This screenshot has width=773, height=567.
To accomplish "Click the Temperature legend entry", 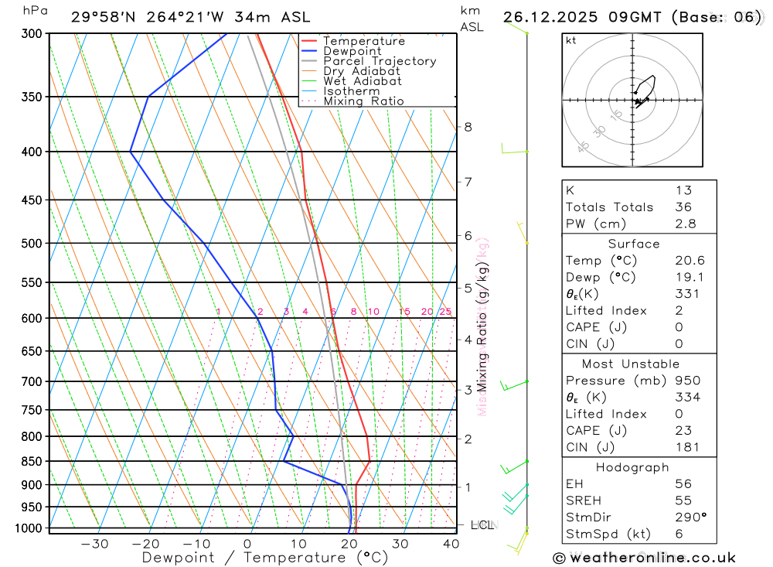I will pos(363,41).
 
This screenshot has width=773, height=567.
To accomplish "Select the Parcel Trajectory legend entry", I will pos(380,61).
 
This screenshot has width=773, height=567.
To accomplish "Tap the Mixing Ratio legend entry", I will pos(363,101).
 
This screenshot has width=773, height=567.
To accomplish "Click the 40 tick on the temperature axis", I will pos(451,544).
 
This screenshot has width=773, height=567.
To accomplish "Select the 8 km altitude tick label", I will pos(468,127).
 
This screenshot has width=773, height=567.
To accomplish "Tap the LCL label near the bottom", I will pos(482,525).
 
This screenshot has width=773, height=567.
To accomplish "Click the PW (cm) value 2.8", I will pos(686,224).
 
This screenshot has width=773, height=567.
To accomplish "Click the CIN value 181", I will pos(686,446).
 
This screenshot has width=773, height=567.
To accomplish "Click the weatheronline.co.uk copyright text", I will pos(644,557).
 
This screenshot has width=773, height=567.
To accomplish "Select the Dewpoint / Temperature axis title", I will pos(264,557).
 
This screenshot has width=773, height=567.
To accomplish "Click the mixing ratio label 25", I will pos(445,312).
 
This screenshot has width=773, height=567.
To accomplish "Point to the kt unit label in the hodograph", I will pos(571,40).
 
